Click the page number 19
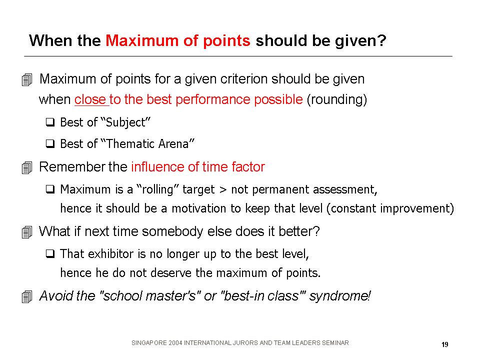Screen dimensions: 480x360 [x=445, y=344]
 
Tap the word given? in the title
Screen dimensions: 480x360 [x=360, y=41]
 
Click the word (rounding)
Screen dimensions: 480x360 [x=336, y=100]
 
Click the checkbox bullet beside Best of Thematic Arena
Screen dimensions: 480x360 [x=50, y=143]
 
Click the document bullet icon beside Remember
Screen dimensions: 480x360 [x=27, y=168]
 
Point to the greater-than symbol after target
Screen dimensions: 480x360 [x=223, y=190]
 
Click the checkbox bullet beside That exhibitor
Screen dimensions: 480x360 [x=50, y=254]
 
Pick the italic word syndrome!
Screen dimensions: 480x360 [x=340, y=296]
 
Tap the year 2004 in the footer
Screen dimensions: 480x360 [x=175, y=343]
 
